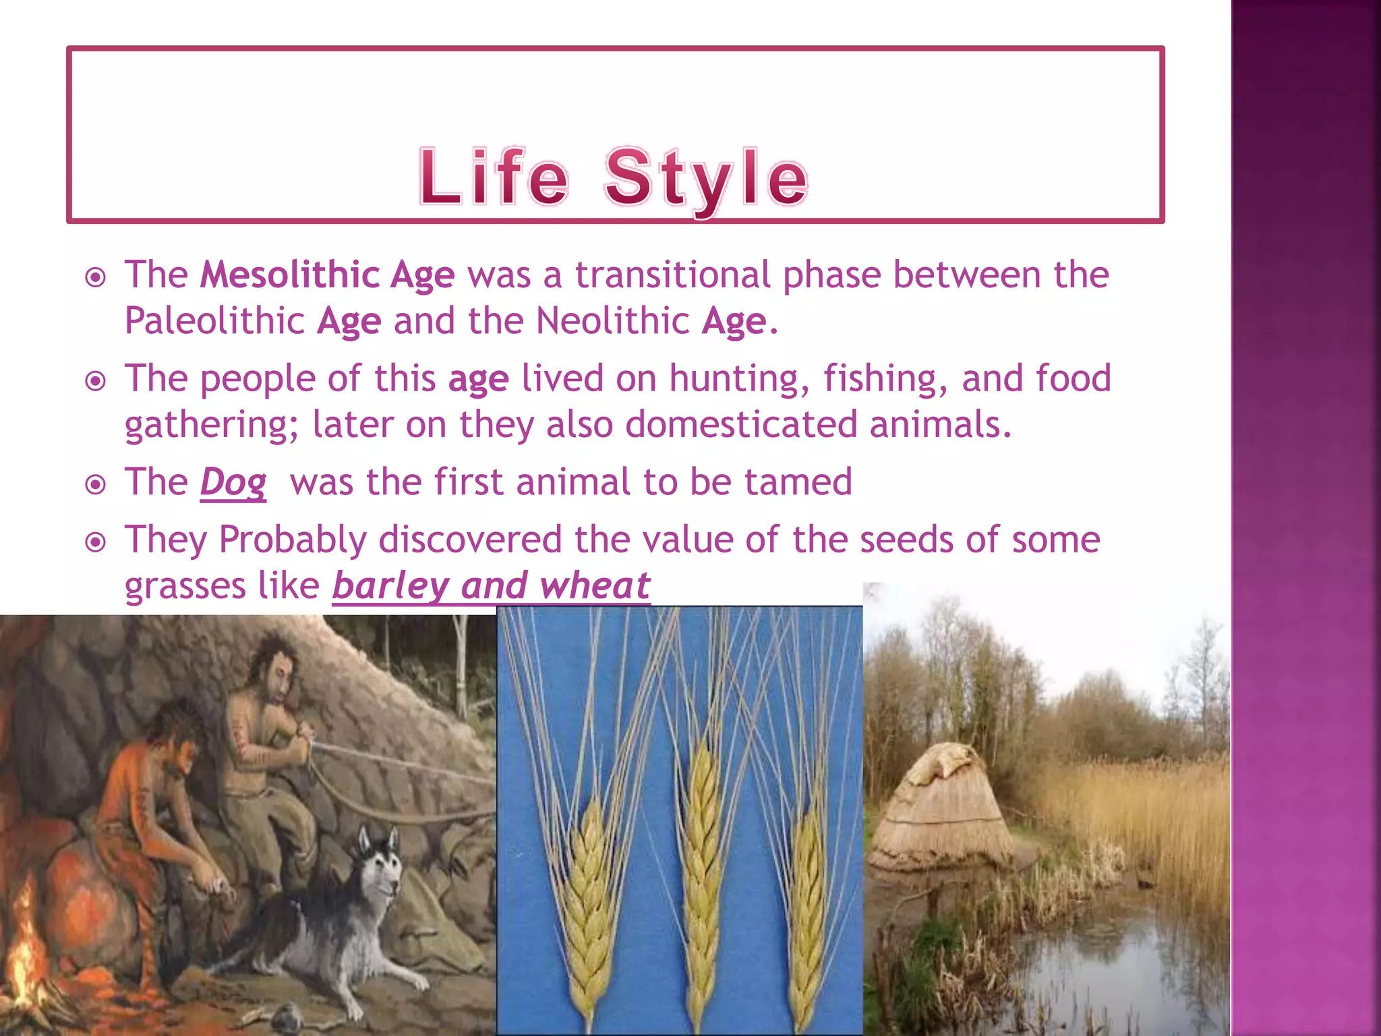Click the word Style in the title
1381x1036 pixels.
point(706,179)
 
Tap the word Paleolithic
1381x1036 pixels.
point(214,320)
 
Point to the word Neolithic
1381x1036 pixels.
point(612,320)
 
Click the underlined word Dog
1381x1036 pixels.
point(233,483)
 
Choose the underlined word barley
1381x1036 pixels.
point(390,585)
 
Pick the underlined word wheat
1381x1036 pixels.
point(595,585)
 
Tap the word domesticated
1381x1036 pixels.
point(740,425)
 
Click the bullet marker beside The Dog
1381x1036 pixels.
point(96,484)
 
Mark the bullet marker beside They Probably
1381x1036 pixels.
point(96,542)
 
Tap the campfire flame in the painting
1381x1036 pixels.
point(24,944)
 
